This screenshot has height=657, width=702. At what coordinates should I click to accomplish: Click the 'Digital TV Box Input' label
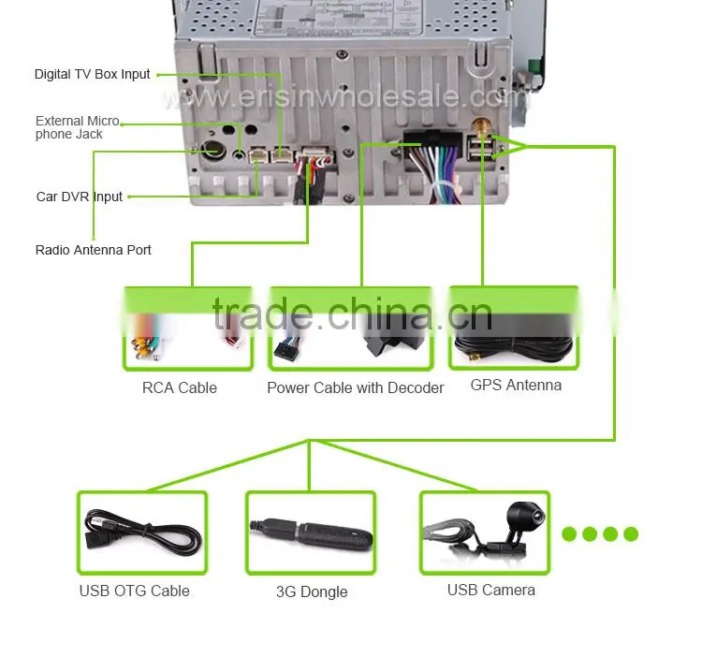[93, 74]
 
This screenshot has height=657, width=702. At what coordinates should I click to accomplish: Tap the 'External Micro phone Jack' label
[78, 127]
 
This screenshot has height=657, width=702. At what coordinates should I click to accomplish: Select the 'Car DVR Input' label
[80, 197]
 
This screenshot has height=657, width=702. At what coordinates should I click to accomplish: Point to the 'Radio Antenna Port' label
[93, 250]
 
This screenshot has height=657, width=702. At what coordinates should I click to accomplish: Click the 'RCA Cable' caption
[180, 387]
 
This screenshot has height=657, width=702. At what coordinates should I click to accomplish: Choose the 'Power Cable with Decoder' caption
[356, 387]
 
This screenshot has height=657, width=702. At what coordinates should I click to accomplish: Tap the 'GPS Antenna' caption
[516, 385]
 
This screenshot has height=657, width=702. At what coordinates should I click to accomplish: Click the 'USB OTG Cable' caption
[134, 591]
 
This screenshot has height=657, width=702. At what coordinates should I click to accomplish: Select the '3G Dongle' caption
[312, 591]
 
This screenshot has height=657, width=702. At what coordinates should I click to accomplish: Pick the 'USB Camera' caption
[491, 590]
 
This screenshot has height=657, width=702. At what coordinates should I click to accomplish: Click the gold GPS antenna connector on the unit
[481, 127]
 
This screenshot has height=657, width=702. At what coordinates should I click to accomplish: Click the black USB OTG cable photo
[142, 533]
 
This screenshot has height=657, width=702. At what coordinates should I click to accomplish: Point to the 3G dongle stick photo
[312, 533]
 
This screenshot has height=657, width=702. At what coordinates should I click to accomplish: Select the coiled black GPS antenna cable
[514, 345]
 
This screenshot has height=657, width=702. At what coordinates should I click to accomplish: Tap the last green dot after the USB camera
[631, 533]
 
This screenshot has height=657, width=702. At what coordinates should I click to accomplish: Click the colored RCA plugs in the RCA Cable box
[145, 347]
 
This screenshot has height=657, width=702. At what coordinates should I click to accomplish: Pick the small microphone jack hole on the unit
[240, 154]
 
